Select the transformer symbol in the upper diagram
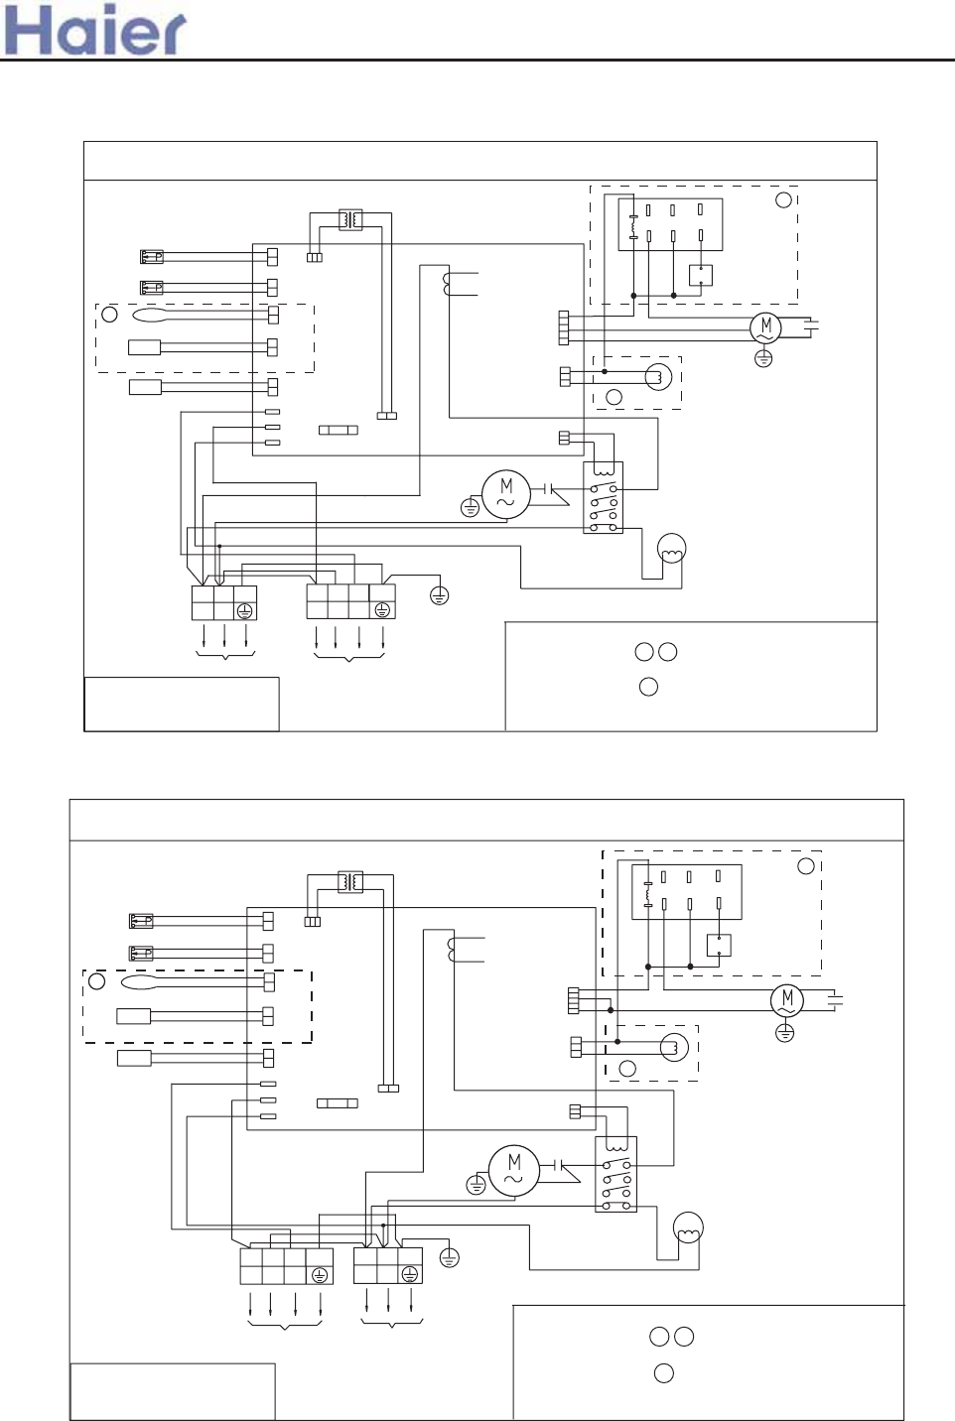[x=350, y=219]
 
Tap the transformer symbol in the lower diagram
[x=350, y=882]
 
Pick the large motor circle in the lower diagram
[x=514, y=1170]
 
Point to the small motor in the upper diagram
[x=766, y=327]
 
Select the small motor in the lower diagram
[x=787, y=1000]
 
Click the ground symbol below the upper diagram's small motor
[x=763, y=359]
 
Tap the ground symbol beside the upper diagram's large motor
[x=470, y=507]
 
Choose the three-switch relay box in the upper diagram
[x=603, y=497]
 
